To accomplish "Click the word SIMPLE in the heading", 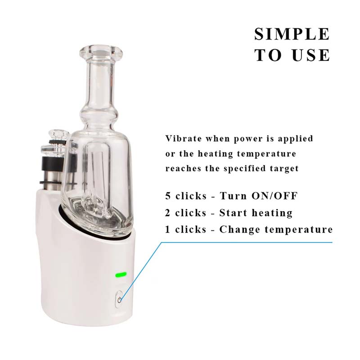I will click(292, 34).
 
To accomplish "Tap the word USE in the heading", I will click(311, 55).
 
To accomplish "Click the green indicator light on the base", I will click(121, 274).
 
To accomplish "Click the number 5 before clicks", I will click(168, 196).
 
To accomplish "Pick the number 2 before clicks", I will click(168, 213).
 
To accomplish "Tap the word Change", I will click(239, 229).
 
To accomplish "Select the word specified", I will click(244, 169).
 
